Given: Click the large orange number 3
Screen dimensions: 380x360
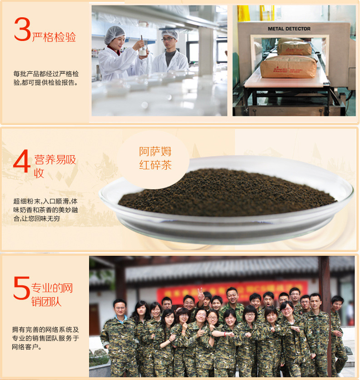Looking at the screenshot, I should click(x=22, y=30).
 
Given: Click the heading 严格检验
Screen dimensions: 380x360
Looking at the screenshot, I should click(x=54, y=37).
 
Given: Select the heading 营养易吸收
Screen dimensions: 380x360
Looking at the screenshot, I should click(x=55, y=166).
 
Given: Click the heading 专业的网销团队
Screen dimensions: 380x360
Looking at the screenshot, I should click(x=51, y=294).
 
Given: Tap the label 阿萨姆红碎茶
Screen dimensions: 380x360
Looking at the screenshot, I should click(x=155, y=158).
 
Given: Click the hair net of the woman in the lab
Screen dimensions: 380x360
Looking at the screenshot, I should click(x=114, y=33).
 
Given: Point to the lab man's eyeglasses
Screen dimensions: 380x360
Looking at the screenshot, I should click(x=169, y=40).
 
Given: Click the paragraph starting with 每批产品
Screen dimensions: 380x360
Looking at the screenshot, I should click(x=46, y=78).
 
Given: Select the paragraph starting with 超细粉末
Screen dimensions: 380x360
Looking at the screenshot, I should click(x=45, y=209).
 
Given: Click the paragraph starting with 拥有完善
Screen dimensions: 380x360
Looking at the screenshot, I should click(x=46, y=338).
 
